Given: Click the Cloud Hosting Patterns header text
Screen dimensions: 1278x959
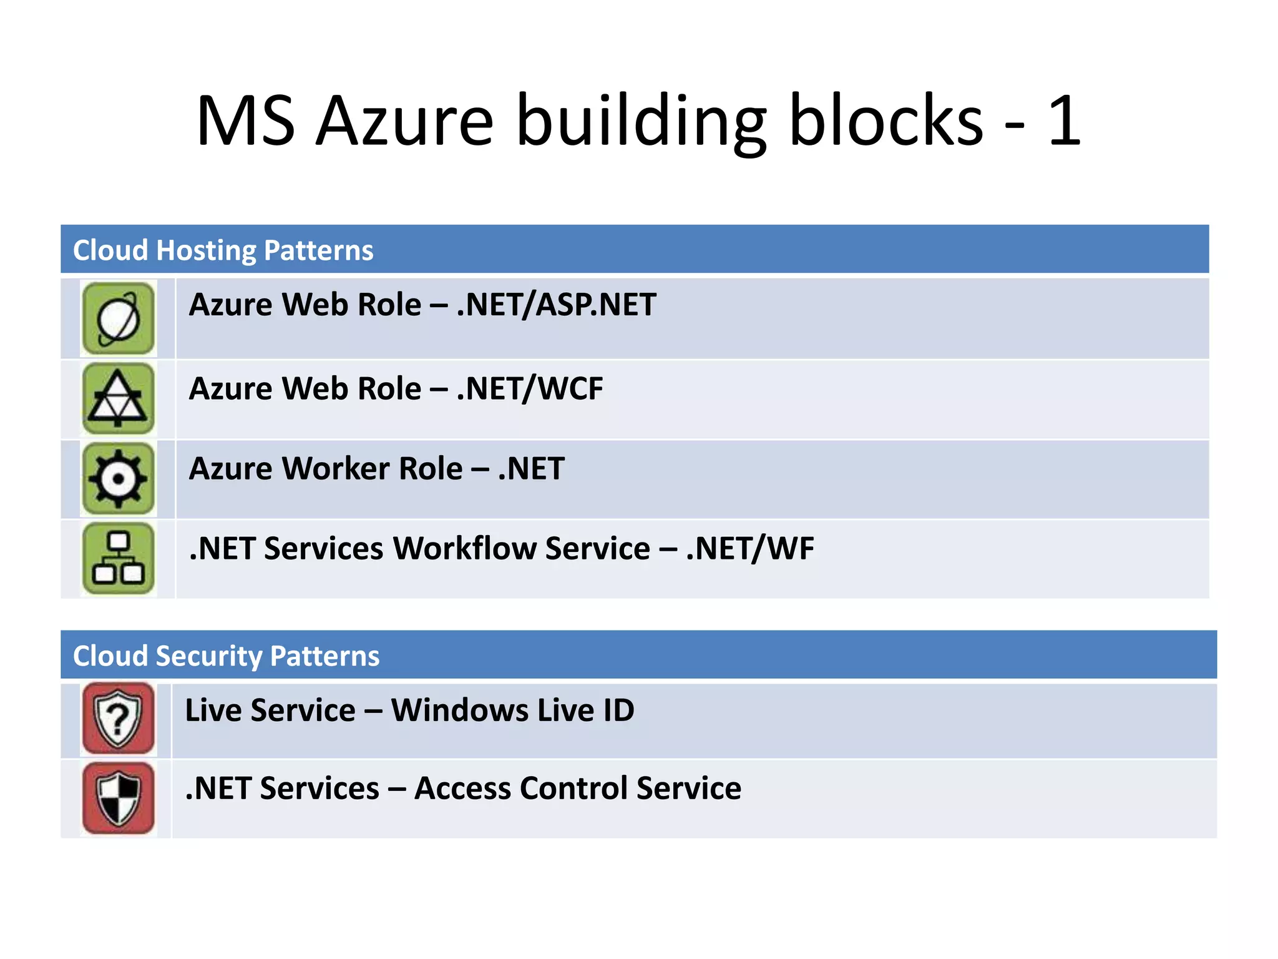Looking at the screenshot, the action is pyautogui.click(x=223, y=250).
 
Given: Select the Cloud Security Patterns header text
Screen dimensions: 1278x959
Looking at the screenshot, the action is pyautogui.click(x=226, y=656).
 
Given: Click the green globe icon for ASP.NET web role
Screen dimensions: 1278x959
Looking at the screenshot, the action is pyautogui.click(x=119, y=319).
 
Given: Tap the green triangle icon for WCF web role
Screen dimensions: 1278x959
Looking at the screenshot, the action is pyautogui.click(x=119, y=399).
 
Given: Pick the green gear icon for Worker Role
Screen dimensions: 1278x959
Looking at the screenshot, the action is pyautogui.click(x=119, y=479).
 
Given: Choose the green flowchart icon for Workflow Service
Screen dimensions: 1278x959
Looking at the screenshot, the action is pyautogui.click(x=119, y=559).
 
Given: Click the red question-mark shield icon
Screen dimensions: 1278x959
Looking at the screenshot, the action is pyautogui.click(x=119, y=719).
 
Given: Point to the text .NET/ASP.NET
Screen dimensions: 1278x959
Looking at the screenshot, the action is pyautogui.click(x=556, y=305).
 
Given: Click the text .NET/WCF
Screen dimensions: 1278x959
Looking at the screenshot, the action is pyautogui.click(x=530, y=389).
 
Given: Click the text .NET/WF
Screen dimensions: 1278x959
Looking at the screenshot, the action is pyautogui.click(x=750, y=549).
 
